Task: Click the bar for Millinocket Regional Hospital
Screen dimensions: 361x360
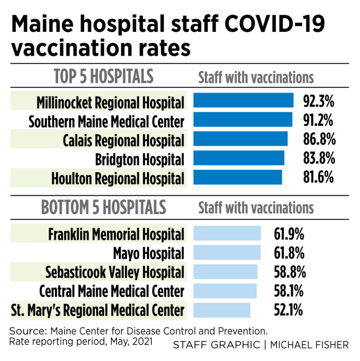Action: [243, 100]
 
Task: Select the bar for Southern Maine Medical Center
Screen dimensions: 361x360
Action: [243, 120]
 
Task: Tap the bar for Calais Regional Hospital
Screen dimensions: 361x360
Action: [241, 139]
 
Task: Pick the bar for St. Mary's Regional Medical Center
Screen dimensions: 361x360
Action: [222, 310]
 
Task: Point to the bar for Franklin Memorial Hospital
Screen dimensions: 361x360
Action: [227, 234]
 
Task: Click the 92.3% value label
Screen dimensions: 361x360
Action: [319, 101]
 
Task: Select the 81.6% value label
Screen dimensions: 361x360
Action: [319, 177]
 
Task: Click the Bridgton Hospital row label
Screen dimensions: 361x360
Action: [140, 159]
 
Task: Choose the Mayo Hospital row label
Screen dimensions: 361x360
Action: [149, 253]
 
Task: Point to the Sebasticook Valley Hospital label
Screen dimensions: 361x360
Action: [115, 272]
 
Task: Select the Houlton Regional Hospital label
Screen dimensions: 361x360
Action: [118, 178]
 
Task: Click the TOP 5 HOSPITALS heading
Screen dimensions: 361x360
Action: [104, 77]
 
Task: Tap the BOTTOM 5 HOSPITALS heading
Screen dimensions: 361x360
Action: [104, 207]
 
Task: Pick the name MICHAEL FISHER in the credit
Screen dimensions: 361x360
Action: [310, 345]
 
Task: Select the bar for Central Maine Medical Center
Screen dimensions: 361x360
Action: [225, 291]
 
